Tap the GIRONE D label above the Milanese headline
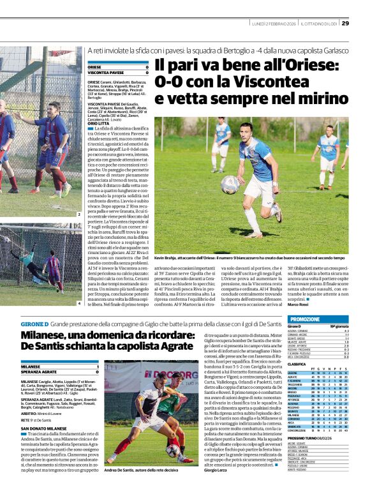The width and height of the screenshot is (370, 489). coord(33,324)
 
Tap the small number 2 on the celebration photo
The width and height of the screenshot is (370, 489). coord(78,218)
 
